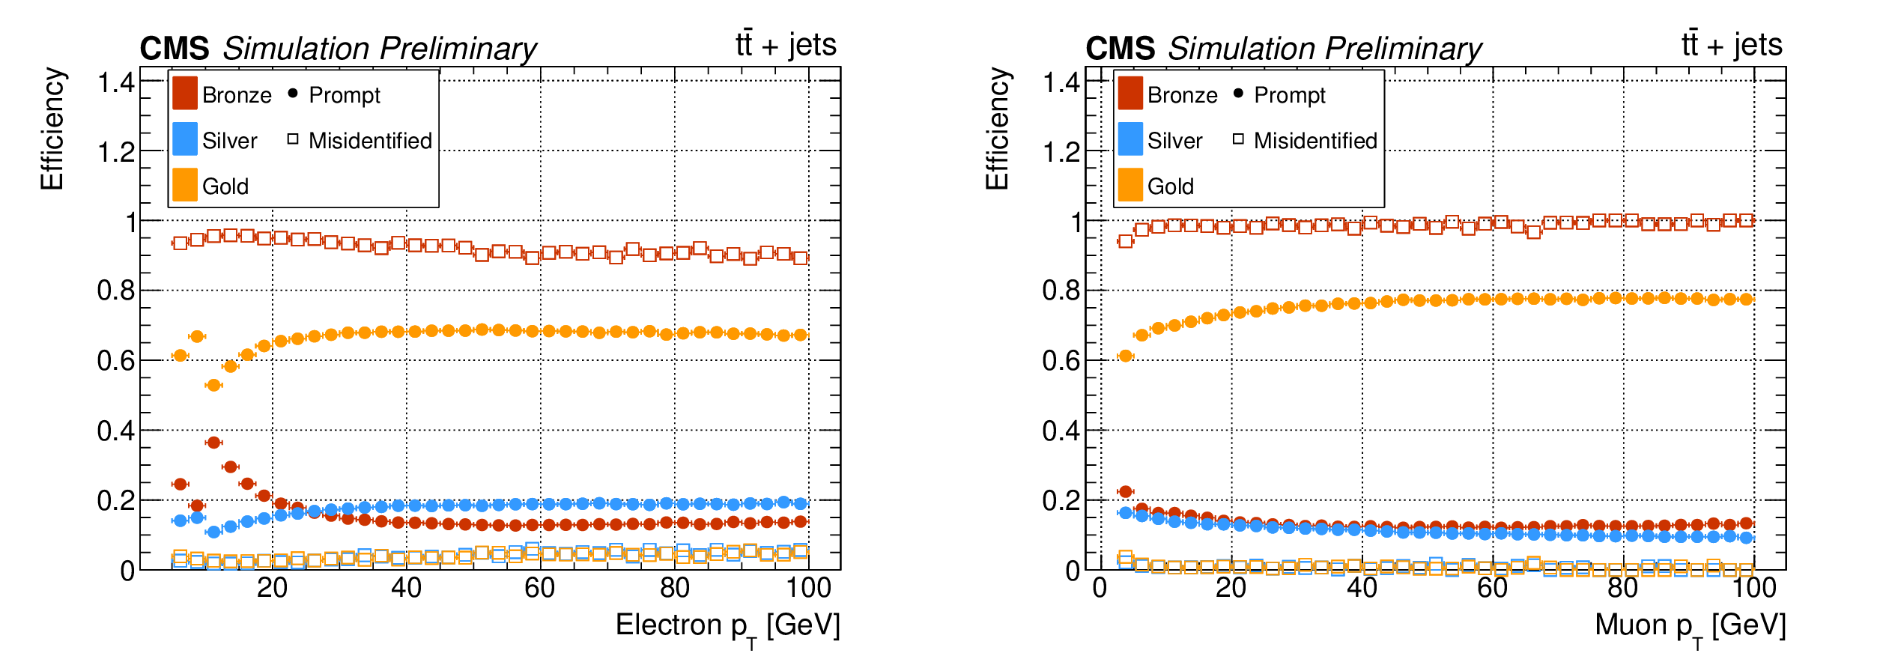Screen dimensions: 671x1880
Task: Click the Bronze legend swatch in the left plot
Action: [x=185, y=94]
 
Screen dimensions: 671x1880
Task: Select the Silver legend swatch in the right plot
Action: [x=1130, y=139]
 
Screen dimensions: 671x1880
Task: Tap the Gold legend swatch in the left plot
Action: [x=185, y=185]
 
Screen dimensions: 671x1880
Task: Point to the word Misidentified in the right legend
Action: [x=1315, y=141]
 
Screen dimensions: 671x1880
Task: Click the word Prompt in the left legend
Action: [x=345, y=95]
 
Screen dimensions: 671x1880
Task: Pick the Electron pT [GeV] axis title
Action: [x=727, y=626]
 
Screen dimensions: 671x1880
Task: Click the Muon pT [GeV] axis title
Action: [x=1690, y=626]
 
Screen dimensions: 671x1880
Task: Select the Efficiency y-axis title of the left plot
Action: [x=52, y=129]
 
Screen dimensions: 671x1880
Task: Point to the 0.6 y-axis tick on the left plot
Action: [x=116, y=361]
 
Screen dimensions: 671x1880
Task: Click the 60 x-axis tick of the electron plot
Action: [x=539, y=589]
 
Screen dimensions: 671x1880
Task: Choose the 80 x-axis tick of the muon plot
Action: [x=1623, y=589]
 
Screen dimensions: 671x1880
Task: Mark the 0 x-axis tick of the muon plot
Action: [x=1100, y=589]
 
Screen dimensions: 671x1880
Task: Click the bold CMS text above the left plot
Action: [x=175, y=49]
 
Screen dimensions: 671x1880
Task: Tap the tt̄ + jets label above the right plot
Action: [x=1732, y=45]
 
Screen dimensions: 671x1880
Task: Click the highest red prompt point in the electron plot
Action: [x=213, y=443]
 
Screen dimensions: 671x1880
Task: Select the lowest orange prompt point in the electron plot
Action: [x=213, y=385]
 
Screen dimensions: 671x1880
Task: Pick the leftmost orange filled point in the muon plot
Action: [x=1125, y=356]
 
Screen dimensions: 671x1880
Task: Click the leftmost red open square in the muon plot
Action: [x=1125, y=241]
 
